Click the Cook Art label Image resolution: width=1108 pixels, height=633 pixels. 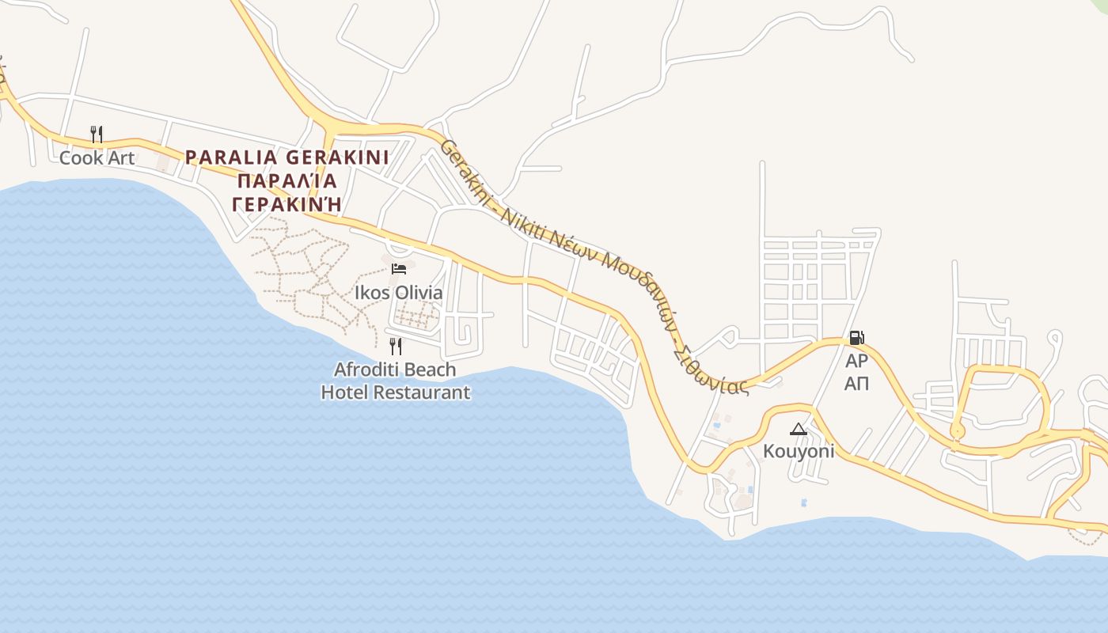point(97,157)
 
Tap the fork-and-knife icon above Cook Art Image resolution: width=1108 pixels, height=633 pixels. point(97,134)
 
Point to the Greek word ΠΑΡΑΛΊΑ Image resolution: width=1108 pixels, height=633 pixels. point(287,181)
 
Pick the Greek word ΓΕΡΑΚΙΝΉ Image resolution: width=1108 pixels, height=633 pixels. point(287,204)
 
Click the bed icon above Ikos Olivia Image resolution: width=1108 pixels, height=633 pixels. point(398,269)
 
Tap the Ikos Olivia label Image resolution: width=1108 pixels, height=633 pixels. point(398,293)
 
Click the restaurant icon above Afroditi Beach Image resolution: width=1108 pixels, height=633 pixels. point(395,346)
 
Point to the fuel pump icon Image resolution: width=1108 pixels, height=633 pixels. point(856,338)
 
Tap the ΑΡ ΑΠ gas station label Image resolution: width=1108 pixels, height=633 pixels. point(856,373)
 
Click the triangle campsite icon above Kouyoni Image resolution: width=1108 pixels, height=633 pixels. point(798,429)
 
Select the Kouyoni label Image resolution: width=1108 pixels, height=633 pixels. point(798,451)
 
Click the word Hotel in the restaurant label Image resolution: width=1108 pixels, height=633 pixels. point(345,392)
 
